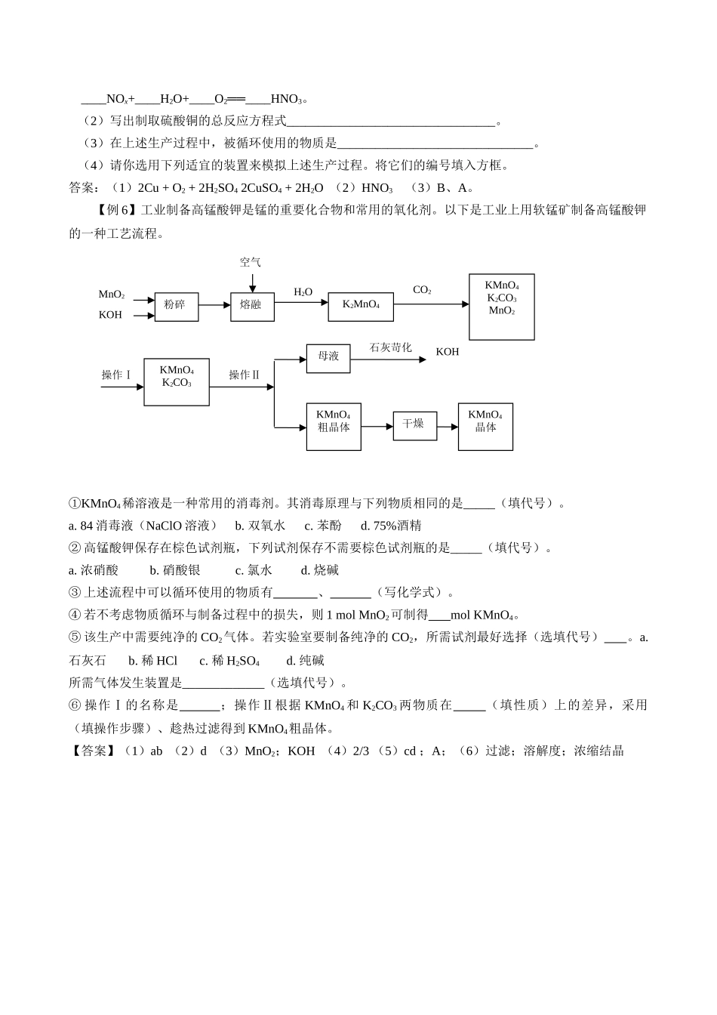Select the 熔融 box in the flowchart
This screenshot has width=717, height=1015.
point(252,305)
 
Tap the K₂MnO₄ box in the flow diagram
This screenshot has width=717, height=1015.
point(361,304)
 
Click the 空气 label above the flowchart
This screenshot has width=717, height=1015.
point(251,262)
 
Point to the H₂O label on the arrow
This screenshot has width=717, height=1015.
point(303,292)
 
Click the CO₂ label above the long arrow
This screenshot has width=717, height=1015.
point(422,290)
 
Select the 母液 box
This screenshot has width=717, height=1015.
point(328,357)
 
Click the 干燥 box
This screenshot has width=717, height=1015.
point(414,424)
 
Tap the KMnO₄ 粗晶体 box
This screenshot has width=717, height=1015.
point(333,427)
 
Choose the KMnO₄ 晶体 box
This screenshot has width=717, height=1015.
point(485,427)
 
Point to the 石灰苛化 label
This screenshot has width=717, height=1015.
point(390,347)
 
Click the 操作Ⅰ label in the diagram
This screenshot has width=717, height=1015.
point(117,375)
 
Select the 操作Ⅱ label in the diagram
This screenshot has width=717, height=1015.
point(245,375)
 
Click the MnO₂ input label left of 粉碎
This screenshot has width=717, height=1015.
point(112,295)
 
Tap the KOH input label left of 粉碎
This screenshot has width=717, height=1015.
point(110,315)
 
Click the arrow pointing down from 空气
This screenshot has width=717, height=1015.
point(252,282)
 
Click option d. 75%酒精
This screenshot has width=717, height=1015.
point(391,526)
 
